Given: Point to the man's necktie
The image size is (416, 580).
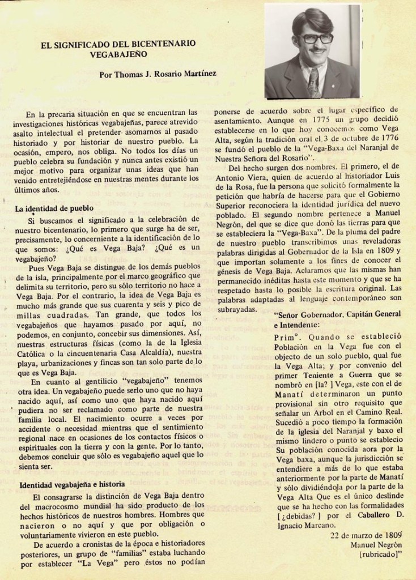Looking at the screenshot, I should [x=313, y=82].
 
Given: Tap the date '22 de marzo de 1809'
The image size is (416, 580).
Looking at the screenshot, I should [x=366, y=535].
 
